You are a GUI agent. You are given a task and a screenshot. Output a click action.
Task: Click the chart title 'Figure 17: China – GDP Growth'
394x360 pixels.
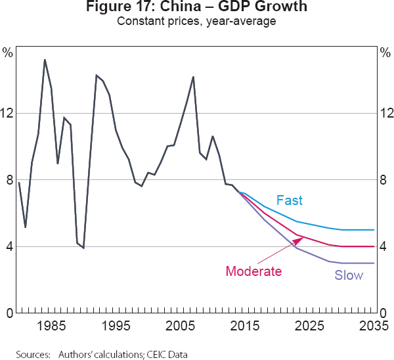[196, 8]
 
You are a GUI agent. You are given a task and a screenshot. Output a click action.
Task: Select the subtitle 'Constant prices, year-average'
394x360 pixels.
[196, 22]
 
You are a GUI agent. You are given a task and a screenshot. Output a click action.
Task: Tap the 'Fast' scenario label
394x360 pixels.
[290, 200]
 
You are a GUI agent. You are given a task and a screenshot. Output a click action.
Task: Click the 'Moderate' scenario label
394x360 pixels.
[253, 271]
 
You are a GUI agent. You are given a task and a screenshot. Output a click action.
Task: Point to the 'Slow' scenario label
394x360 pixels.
[349, 275]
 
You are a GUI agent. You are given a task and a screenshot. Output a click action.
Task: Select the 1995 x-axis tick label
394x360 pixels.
[116, 326]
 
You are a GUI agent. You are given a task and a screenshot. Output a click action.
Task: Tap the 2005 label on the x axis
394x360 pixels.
[180, 326]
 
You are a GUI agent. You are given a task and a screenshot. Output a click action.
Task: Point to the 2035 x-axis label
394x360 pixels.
[372, 326]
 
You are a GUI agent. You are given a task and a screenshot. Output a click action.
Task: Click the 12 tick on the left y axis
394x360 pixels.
[8, 113]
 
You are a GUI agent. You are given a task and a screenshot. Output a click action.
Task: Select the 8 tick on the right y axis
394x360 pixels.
[385, 180]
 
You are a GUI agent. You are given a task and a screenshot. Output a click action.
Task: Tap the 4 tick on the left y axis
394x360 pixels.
[8, 247]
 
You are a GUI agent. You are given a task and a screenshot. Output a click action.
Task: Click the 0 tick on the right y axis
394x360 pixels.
[385, 313]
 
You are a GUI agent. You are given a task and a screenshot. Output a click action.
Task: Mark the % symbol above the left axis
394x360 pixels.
[7, 52]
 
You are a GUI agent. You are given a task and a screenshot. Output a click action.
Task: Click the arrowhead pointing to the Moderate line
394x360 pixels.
[301, 238]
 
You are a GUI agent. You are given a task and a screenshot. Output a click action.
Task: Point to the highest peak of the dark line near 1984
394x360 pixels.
[45, 60]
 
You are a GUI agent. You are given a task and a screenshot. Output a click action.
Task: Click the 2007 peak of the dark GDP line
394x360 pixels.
[193, 77]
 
